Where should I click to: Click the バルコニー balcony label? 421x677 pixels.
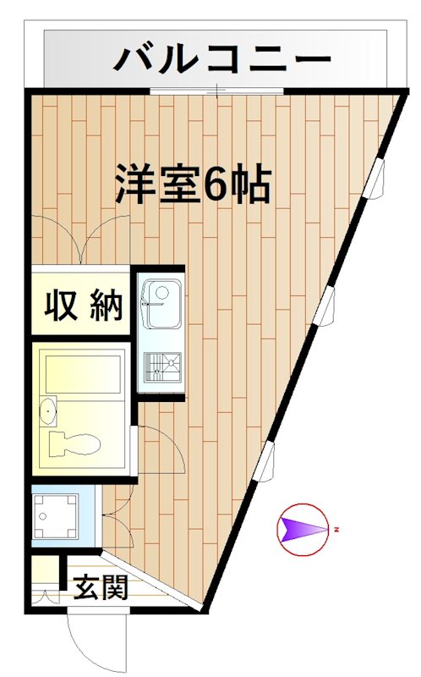pyautogui.click(x=222, y=59)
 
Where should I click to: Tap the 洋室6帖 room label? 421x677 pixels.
pyautogui.click(x=193, y=184)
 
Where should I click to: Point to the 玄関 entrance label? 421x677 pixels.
pyautogui.click(x=100, y=586)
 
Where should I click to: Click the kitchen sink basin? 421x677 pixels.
pyautogui.click(x=161, y=303)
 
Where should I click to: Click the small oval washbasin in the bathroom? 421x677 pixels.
pyautogui.click(x=49, y=411)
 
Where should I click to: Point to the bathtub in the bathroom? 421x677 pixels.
pyautogui.click(x=83, y=373)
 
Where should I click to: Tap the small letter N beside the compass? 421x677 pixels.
pyautogui.click(x=336, y=531)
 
